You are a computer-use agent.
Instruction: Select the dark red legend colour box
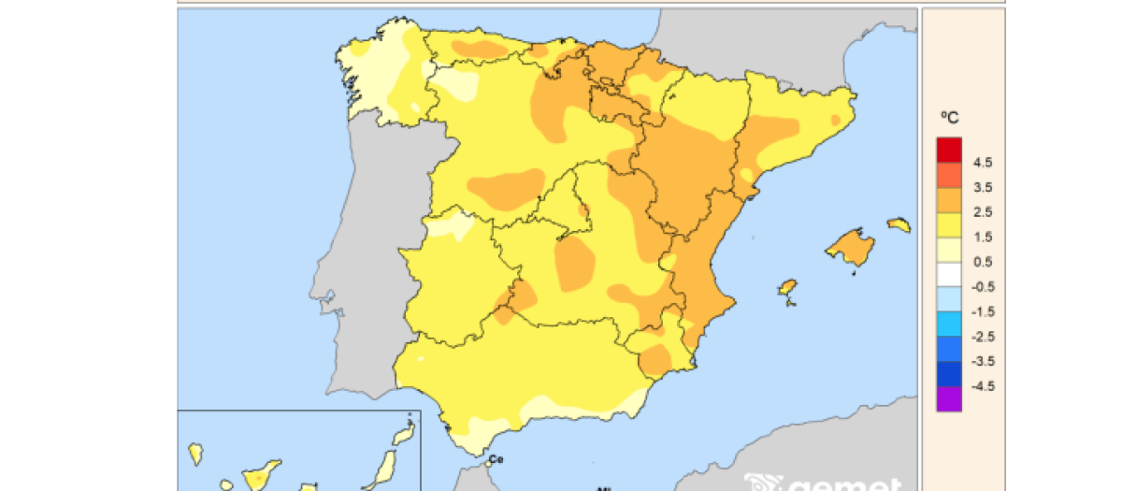pos(949,150)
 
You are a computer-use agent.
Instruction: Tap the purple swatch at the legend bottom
pos(949,398)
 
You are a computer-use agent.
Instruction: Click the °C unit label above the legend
pos(949,118)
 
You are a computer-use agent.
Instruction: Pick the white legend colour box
pos(949,274)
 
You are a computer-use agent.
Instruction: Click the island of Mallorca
pos(852,247)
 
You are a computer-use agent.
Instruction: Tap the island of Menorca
pos(899,224)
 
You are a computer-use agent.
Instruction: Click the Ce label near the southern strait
pos(496,459)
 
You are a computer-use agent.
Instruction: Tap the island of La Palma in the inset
pos(196,455)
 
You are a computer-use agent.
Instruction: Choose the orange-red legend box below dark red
pos(949,175)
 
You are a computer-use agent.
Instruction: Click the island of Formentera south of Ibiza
pos(789,300)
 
